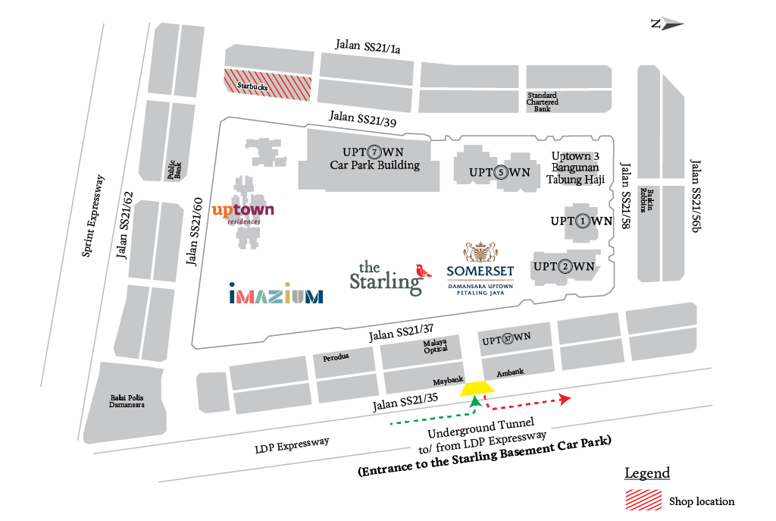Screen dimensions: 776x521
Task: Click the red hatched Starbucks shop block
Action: click(268, 84)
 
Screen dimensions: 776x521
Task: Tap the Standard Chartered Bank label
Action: click(543, 102)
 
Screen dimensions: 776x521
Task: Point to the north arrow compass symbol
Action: click(667, 24)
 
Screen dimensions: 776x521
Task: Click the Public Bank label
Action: click(174, 169)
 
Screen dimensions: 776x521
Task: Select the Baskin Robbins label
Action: click(647, 199)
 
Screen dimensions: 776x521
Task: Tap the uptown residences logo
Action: click(243, 213)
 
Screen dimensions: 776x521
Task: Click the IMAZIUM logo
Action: click(276, 293)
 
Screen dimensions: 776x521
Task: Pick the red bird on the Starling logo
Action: click(423, 271)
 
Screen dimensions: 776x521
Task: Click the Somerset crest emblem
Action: click(480, 252)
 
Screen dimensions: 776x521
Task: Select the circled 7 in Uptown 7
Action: click(374, 152)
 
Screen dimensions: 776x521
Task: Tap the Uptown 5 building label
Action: click(499, 172)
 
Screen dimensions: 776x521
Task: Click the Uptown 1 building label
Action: click(581, 221)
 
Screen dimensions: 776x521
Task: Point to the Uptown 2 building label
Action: click(564, 266)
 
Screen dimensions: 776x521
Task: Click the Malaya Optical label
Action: click(436, 346)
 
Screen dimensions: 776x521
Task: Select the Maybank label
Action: click(448, 381)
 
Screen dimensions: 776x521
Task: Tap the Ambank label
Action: click(510, 372)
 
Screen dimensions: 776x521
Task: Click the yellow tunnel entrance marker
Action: click(477, 389)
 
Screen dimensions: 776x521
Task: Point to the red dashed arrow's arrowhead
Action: click(565, 399)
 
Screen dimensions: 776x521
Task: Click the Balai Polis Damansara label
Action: click(127, 401)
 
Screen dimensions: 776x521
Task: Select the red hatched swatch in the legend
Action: click(643, 500)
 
